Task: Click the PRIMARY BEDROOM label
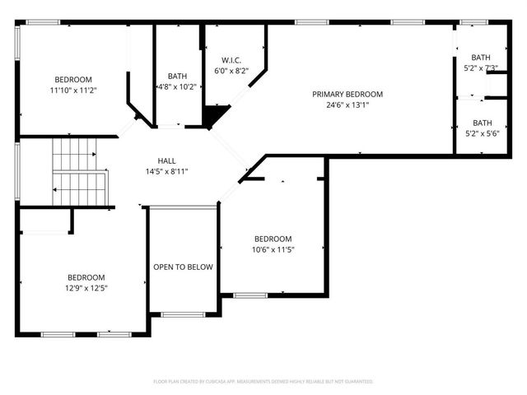click(x=347, y=94)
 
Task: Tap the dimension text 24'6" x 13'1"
click(x=347, y=105)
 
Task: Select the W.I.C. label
click(x=231, y=60)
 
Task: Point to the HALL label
click(x=167, y=160)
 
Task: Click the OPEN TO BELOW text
click(x=183, y=267)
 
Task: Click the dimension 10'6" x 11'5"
click(x=273, y=249)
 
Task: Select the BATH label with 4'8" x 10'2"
click(x=178, y=76)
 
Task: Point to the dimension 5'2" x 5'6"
click(x=482, y=133)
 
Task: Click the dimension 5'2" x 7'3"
click(x=481, y=67)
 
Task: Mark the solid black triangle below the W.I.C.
click(x=213, y=117)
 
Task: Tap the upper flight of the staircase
click(x=75, y=154)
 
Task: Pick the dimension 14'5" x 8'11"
click(x=167, y=171)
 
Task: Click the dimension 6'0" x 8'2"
click(x=231, y=71)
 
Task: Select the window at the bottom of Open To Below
click(x=183, y=314)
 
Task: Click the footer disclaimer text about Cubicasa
click(x=263, y=381)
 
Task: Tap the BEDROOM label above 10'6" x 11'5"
click(x=273, y=239)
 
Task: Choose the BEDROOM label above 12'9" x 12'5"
click(x=86, y=277)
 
